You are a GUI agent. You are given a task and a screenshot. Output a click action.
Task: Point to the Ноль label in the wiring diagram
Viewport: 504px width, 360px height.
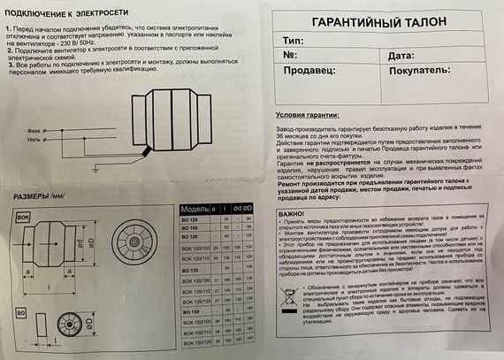(x=27, y=138)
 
